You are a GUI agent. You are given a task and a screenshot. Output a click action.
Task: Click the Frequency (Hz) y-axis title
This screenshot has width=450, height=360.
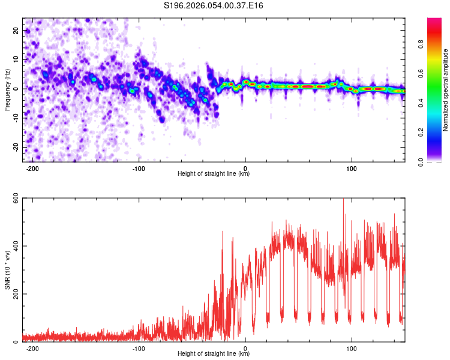coord(7,90)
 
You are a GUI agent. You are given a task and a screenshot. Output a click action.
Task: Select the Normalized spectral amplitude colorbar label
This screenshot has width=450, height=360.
coord(445,90)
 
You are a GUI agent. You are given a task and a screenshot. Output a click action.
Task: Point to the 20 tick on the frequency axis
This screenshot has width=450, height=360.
coord(17,30)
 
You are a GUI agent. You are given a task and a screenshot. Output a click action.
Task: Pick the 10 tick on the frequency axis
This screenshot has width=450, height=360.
coord(17,59)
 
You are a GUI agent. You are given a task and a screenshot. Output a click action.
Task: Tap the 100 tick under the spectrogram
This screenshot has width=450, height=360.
coord(352,168)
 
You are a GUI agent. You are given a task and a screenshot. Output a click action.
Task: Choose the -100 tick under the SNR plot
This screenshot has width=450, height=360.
coord(139,348)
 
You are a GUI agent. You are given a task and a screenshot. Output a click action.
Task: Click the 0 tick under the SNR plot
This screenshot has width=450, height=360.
coord(245,348)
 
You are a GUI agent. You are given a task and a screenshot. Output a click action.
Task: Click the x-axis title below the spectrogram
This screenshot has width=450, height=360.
coord(214,174)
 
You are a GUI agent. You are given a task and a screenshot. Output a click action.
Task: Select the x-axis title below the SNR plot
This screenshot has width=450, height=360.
coord(214,354)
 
